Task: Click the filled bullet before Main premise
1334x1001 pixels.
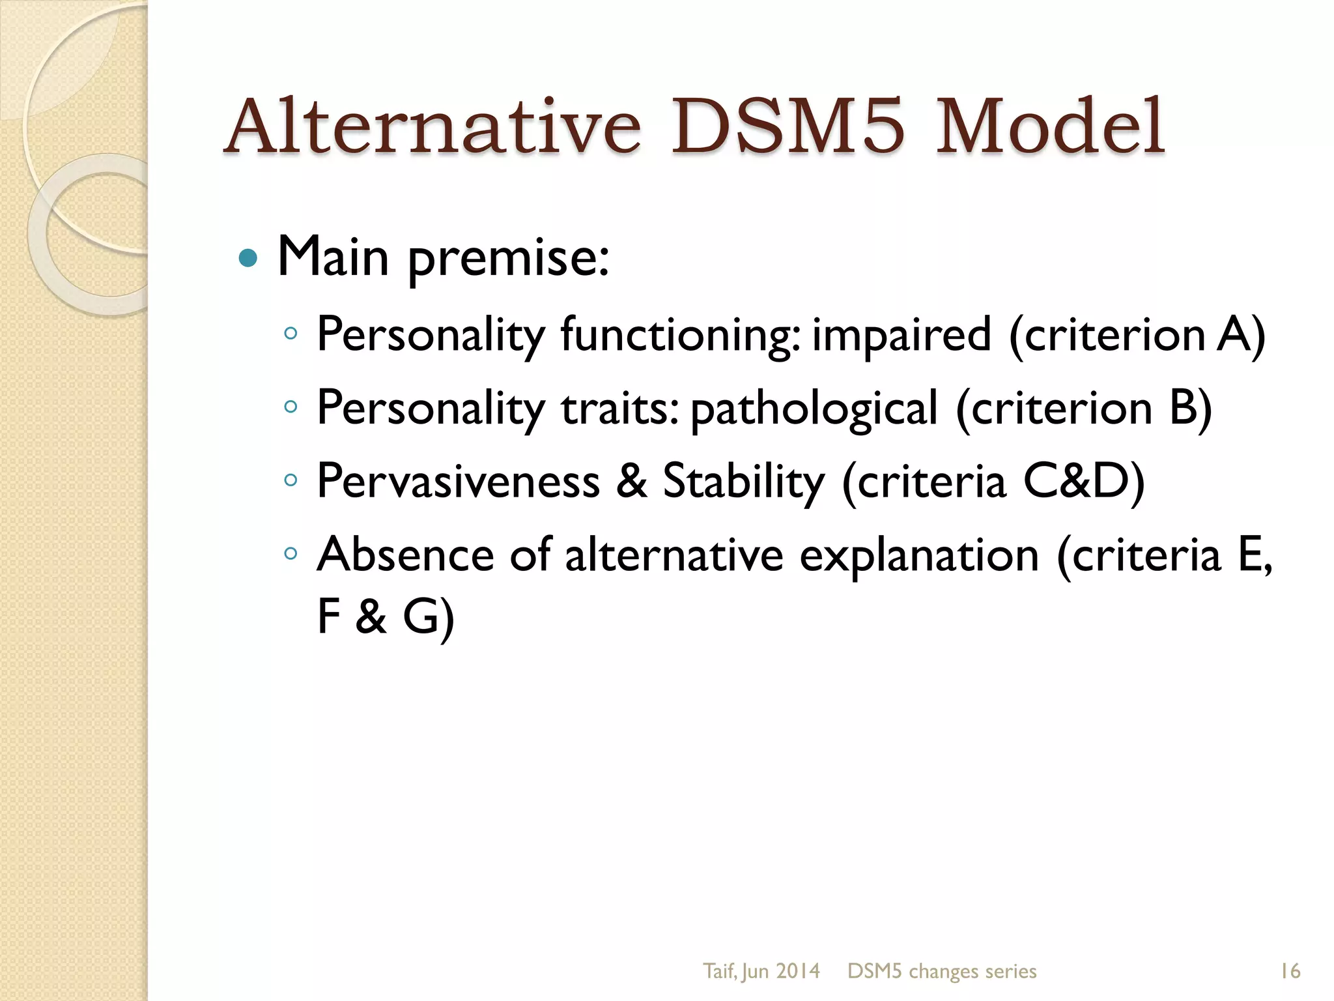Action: [248, 259]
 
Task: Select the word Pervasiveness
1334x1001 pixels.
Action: [458, 482]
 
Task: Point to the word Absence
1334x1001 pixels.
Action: [405, 555]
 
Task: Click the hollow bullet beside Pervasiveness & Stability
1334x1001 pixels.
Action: [291, 481]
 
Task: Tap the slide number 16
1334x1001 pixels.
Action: [1290, 971]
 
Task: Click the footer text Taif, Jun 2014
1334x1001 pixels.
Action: [761, 971]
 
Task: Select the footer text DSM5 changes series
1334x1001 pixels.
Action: [942, 971]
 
